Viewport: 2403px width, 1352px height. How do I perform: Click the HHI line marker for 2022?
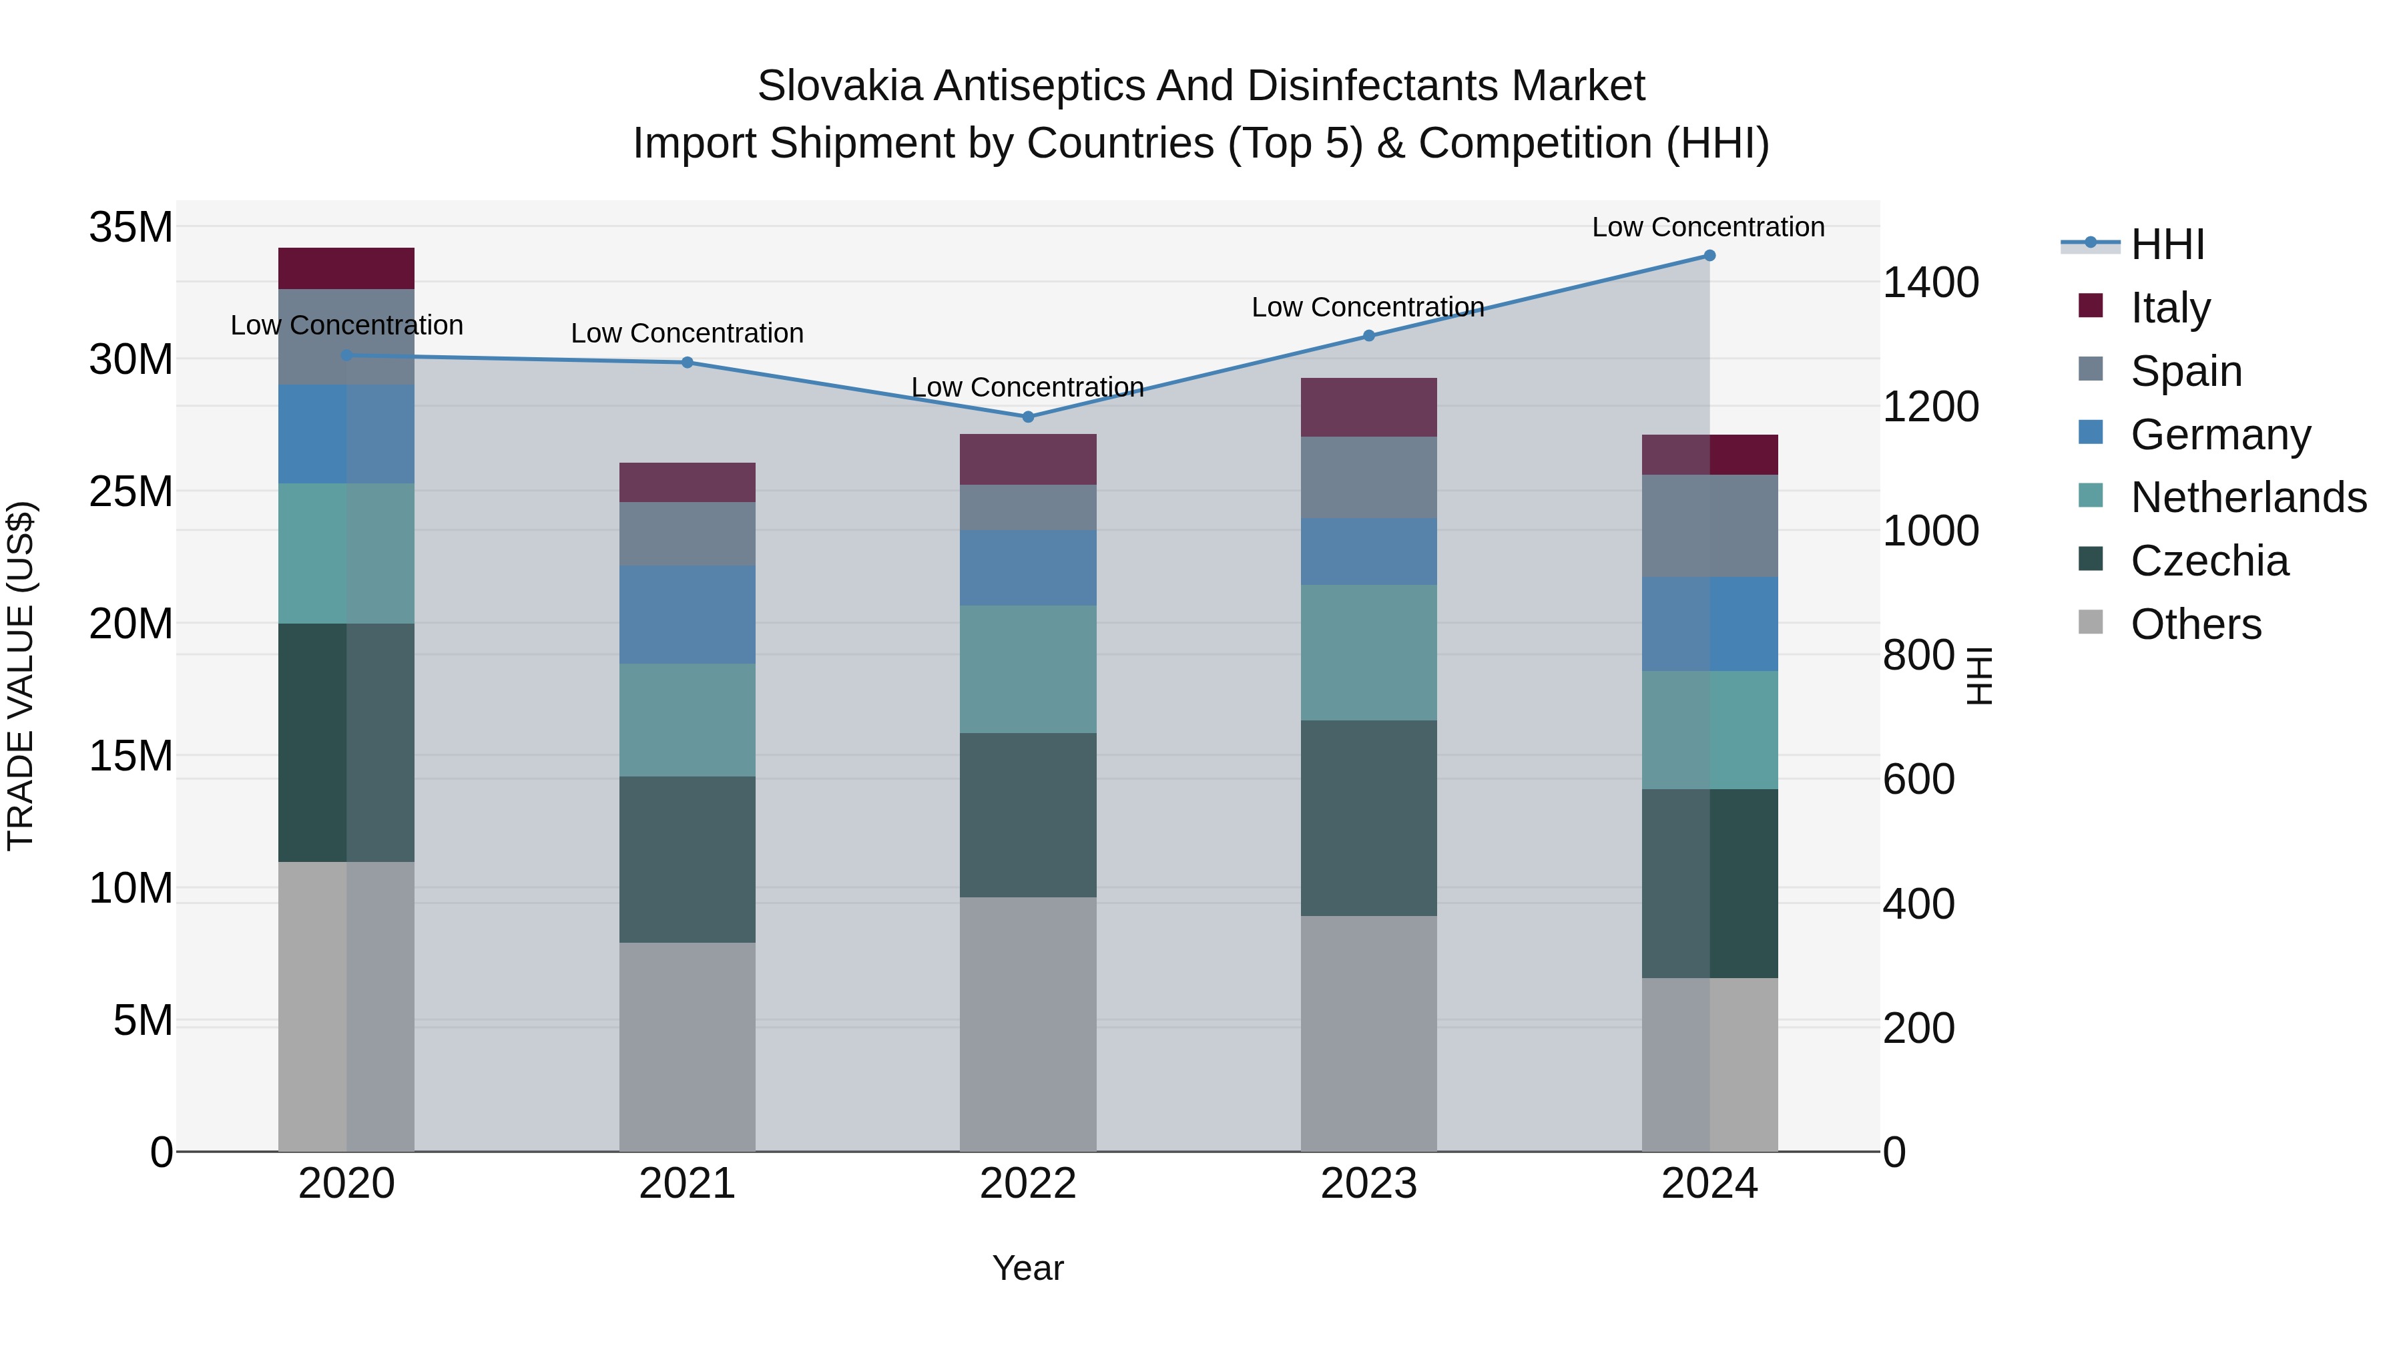click(x=1028, y=416)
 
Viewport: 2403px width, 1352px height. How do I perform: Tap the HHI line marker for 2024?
click(x=1709, y=255)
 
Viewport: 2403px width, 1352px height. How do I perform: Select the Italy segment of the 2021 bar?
click(x=687, y=483)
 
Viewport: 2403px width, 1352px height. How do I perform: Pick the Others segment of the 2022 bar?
click(x=1028, y=1024)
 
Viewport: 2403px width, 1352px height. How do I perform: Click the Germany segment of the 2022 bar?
click(x=1028, y=568)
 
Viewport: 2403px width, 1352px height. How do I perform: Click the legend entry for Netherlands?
click(x=2248, y=497)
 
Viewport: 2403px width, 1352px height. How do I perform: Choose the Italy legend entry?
click(x=2170, y=307)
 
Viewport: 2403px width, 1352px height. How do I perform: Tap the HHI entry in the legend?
click(x=2167, y=244)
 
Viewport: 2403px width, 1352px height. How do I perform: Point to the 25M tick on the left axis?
click(x=131, y=491)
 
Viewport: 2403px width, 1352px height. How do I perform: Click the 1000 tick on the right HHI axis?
click(x=1930, y=530)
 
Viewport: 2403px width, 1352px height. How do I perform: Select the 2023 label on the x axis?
click(x=1368, y=1184)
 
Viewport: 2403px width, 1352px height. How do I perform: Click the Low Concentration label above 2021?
click(x=687, y=333)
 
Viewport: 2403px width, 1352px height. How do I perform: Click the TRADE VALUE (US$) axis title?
click(x=21, y=676)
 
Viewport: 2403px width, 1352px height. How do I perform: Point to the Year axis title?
click(x=1028, y=1268)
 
